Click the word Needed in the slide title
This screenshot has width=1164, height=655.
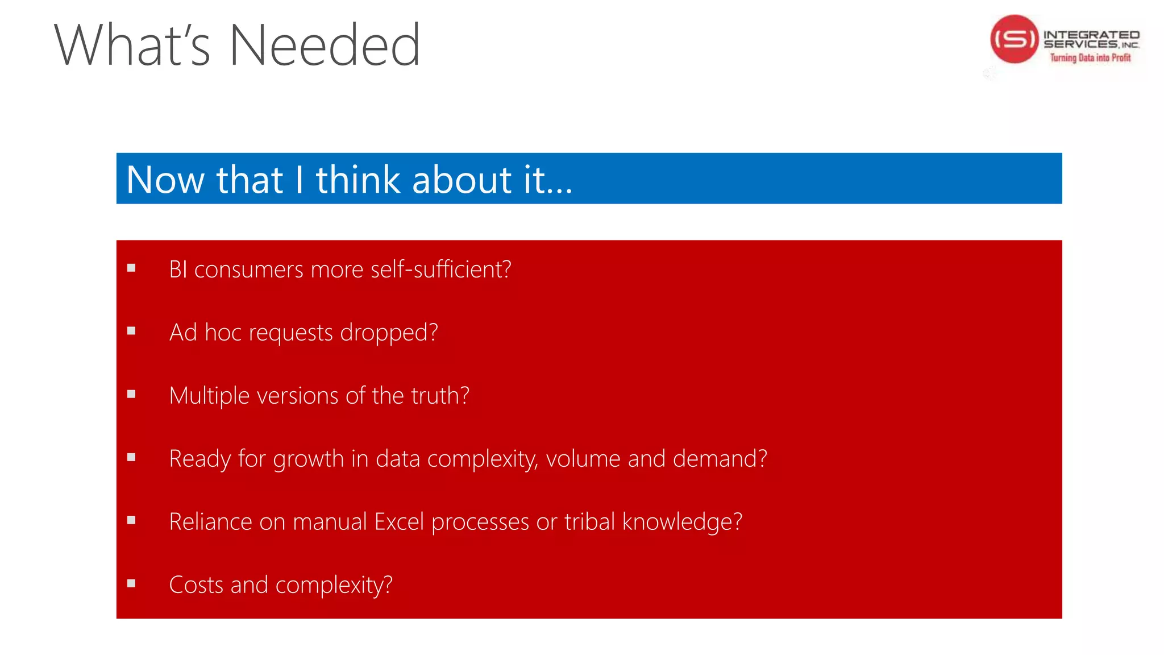(325, 45)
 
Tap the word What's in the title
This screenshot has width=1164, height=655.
(132, 45)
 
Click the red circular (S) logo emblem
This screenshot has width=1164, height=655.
(1015, 39)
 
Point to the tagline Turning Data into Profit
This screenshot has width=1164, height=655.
(1090, 57)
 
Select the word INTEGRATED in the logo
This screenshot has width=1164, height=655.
(1091, 35)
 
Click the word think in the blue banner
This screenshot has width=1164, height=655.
(357, 180)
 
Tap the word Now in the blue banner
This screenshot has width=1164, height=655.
(165, 180)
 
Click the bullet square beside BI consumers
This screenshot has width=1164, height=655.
(131, 268)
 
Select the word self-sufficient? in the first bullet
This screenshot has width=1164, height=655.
(440, 269)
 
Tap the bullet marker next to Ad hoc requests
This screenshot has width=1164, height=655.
(131, 331)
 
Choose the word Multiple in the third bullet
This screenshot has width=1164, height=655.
(209, 396)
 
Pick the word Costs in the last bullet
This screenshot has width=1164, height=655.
(196, 584)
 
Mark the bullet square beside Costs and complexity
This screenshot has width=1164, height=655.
(131, 583)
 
